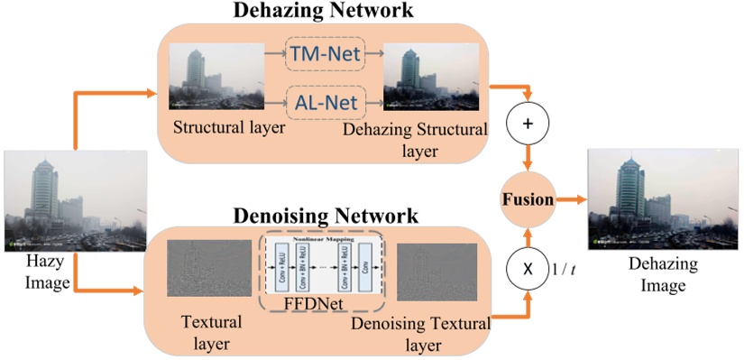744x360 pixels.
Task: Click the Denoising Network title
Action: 326,216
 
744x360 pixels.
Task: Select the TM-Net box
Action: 324,55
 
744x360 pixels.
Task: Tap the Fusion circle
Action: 528,199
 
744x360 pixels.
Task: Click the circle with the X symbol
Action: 529,270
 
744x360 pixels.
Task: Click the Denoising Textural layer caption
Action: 421,333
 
